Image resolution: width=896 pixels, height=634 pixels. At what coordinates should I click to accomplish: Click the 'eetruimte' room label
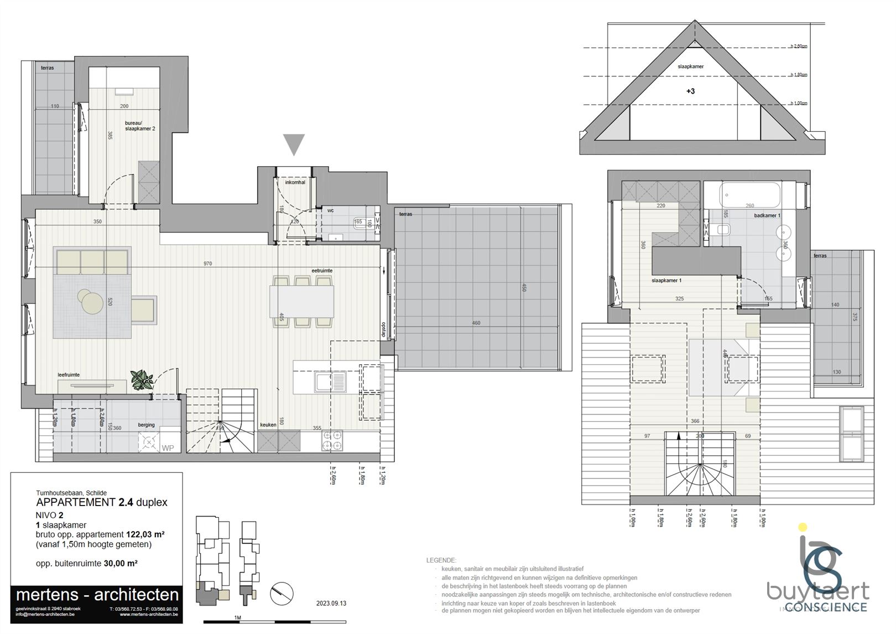click(x=322, y=271)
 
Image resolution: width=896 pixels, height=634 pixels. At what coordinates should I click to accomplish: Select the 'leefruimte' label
click(x=69, y=375)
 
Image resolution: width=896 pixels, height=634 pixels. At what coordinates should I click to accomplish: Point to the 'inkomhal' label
click(x=295, y=182)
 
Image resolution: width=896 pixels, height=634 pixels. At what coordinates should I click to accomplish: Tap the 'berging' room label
click(x=147, y=425)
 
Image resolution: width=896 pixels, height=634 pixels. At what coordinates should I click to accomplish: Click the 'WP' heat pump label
click(x=167, y=448)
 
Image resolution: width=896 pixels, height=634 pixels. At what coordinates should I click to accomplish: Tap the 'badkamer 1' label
click(x=767, y=215)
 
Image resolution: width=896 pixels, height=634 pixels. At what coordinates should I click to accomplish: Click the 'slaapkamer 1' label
click(x=666, y=281)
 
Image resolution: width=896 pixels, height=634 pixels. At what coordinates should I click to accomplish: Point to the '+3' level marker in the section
click(x=690, y=91)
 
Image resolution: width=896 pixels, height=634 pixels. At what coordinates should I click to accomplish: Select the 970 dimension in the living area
click(x=208, y=264)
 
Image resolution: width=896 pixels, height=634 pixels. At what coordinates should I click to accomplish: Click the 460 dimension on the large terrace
click(x=476, y=323)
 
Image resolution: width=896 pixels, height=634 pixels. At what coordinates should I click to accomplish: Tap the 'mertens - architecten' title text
click(x=97, y=595)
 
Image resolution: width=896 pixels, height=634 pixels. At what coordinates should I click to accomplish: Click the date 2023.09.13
click(x=331, y=604)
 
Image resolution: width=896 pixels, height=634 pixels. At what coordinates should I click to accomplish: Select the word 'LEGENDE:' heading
click(x=441, y=560)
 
